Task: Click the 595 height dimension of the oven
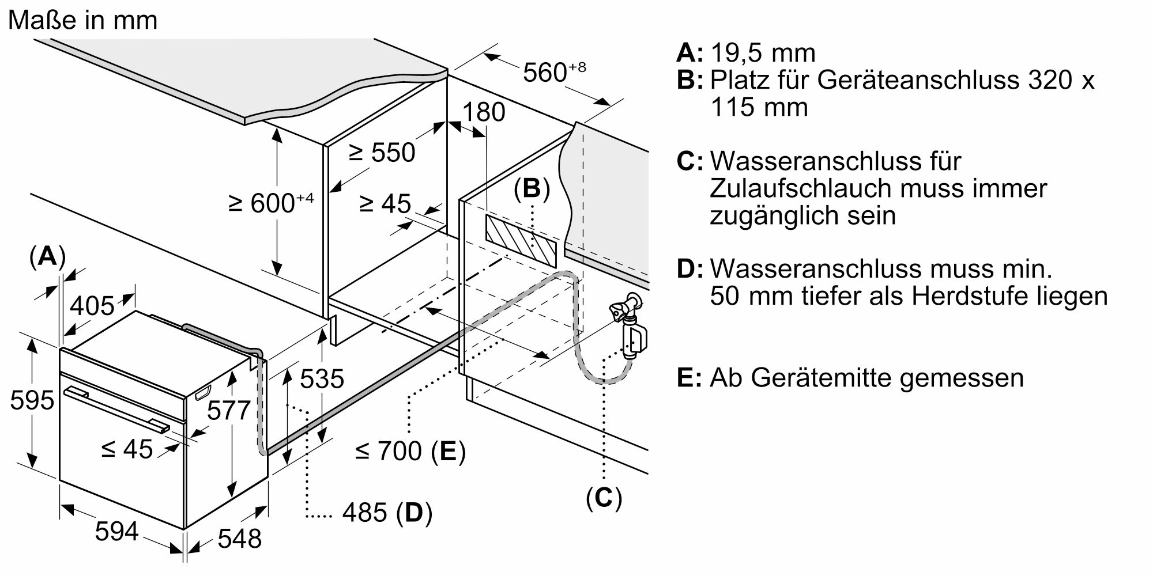click(32, 400)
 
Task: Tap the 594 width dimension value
click(116, 531)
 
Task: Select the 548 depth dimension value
click(240, 539)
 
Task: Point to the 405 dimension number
click(92, 306)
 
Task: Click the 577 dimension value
click(228, 411)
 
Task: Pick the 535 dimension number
click(322, 378)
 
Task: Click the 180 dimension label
click(484, 112)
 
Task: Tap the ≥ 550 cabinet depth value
click(382, 153)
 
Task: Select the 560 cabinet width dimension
click(553, 72)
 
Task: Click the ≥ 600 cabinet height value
click(270, 203)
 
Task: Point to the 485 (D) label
click(387, 512)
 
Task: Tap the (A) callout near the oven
click(47, 256)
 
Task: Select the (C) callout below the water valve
click(604, 497)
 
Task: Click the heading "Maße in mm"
click(83, 21)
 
